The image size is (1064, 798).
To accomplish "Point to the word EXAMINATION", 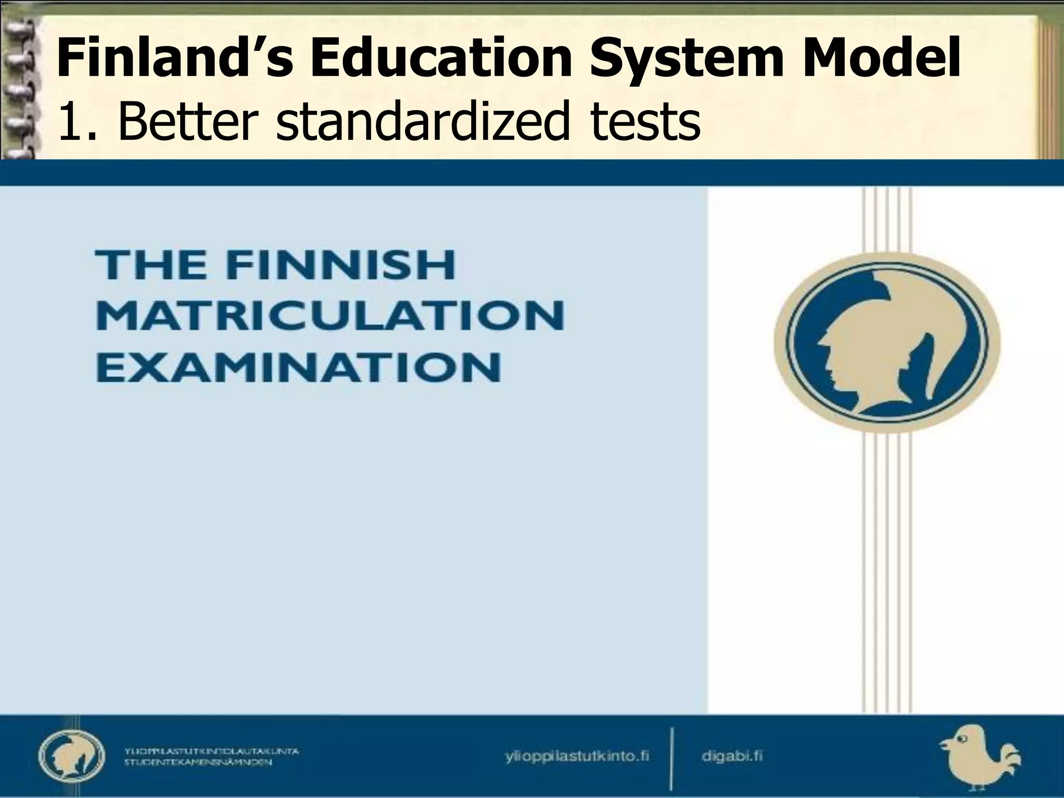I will pos(299,367).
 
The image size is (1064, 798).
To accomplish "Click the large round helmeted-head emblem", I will pos(886,342).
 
